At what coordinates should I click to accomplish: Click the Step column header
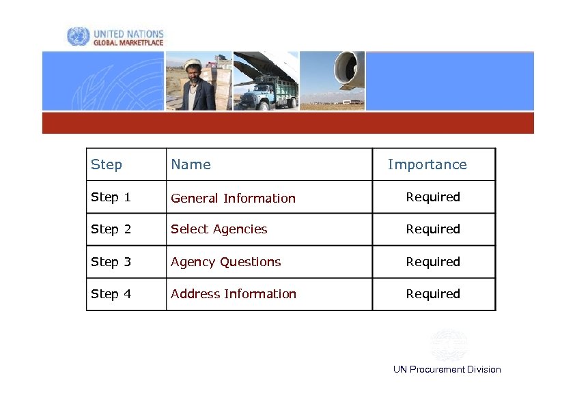(x=107, y=164)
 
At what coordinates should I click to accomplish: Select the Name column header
(x=191, y=164)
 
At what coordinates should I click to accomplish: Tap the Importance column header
(x=427, y=164)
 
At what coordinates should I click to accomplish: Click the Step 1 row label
(x=111, y=197)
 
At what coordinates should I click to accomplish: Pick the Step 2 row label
(x=111, y=229)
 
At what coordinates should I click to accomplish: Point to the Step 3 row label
(x=111, y=262)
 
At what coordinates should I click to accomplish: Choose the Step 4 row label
(x=111, y=294)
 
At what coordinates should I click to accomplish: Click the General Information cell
(x=233, y=199)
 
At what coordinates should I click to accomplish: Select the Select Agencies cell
(x=219, y=229)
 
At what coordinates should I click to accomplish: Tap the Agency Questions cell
(x=225, y=262)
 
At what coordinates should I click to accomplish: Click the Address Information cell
(x=234, y=294)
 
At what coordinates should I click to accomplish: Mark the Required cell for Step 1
(x=433, y=197)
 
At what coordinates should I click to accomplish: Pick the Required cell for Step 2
(x=433, y=229)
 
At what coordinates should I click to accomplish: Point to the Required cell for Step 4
(x=433, y=294)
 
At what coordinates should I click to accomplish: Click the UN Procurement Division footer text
(x=447, y=370)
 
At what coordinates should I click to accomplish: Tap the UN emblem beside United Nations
(x=78, y=37)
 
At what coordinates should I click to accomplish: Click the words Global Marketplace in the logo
(x=128, y=42)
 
